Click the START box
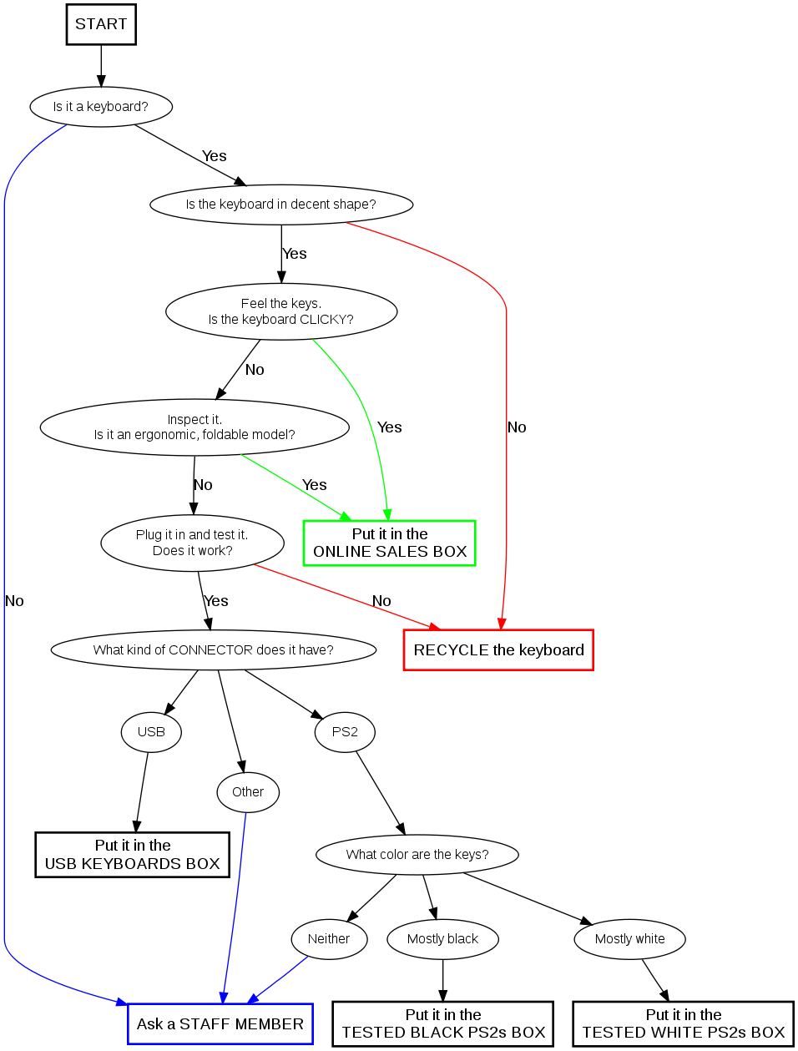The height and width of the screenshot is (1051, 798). coord(101,24)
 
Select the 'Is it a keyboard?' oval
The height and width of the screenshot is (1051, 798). coord(101,107)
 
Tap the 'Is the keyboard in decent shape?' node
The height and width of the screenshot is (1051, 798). coord(281,205)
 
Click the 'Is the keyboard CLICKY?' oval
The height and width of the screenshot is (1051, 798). coord(281,311)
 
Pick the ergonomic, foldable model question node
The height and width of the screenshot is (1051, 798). coord(194,427)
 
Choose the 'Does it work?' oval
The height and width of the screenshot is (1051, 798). coord(193,543)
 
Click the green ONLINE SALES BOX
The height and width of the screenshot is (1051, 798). coord(390,543)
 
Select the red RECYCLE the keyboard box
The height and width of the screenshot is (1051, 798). coord(498,650)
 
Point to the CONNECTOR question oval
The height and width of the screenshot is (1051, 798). coord(214,650)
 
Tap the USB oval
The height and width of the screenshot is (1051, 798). coord(151,732)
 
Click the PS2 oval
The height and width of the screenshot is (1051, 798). coord(345,732)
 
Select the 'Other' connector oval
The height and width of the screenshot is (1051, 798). coord(248,792)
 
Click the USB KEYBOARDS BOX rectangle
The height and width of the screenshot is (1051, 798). coord(133,855)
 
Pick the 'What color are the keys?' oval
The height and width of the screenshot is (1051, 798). coord(417,855)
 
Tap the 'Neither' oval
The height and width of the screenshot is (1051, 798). coord(329,939)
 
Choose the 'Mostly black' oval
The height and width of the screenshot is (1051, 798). coord(442,939)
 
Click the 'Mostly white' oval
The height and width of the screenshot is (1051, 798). coord(630,939)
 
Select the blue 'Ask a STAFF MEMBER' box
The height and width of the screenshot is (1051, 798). coord(220,1024)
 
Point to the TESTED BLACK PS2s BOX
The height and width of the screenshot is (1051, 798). coord(443,1024)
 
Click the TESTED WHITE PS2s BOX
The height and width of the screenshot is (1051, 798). coord(684,1024)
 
